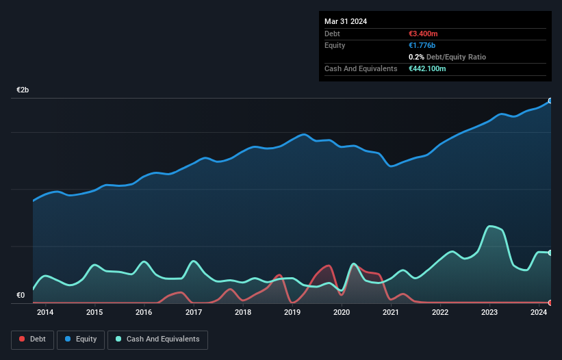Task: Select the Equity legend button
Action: (x=81, y=339)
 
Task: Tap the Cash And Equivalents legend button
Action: (x=157, y=339)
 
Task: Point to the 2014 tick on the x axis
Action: (x=45, y=313)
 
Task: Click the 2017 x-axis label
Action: (x=194, y=313)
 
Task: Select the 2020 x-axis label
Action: (x=342, y=313)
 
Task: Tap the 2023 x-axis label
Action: (x=489, y=313)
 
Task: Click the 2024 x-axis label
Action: (x=539, y=313)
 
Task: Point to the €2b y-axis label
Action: (x=23, y=90)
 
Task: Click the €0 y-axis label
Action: (x=21, y=296)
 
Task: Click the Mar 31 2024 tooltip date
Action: (x=346, y=21)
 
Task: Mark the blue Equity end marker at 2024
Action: (x=550, y=101)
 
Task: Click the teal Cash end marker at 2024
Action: (x=550, y=253)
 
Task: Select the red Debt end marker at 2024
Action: (x=550, y=303)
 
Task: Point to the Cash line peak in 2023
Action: (x=489, y=226)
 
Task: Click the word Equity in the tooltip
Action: (x=335, y=45)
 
